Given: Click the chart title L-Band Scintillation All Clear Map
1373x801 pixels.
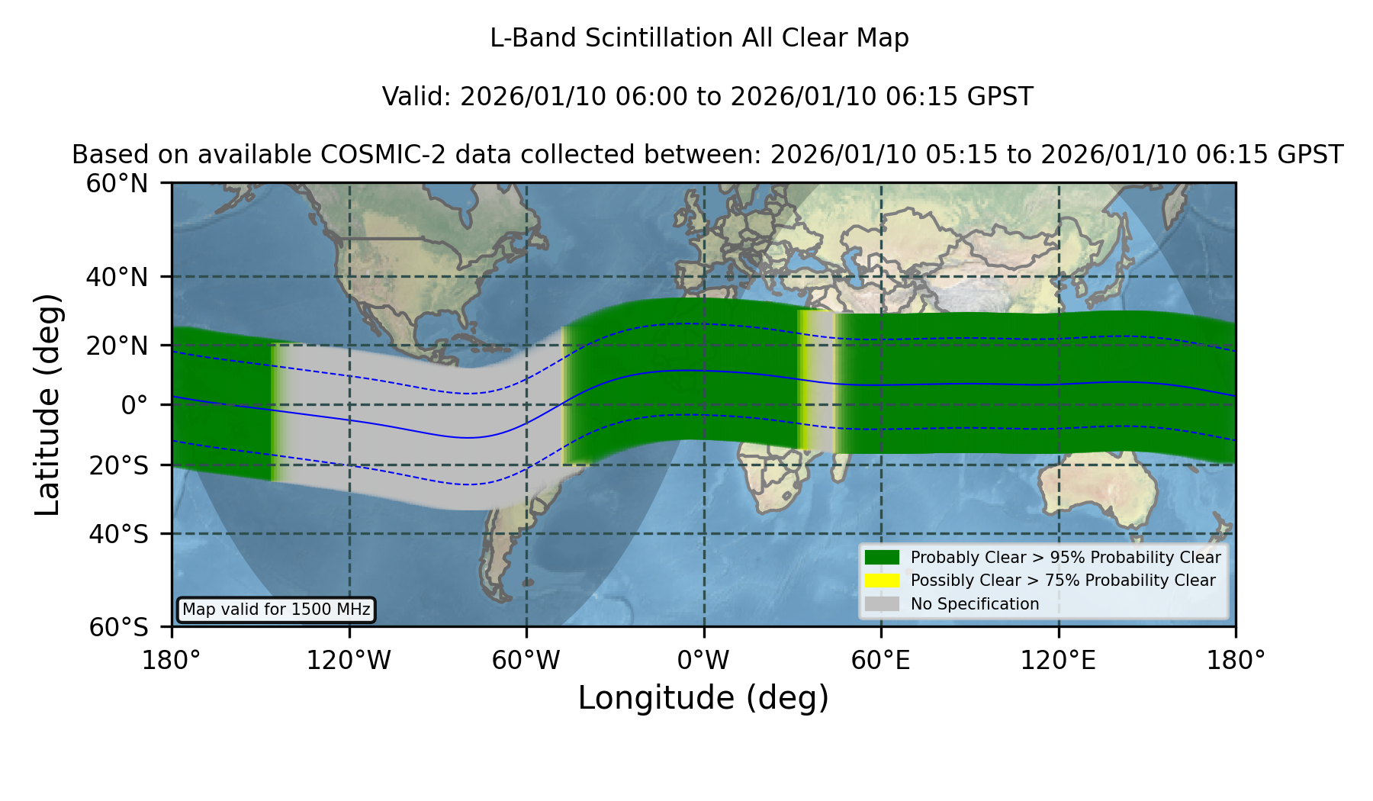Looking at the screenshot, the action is [699, 38].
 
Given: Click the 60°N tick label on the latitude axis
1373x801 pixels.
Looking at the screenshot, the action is [117, 184].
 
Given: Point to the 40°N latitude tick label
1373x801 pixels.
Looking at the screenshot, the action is [117, 277].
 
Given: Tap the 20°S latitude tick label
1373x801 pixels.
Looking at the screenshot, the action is [119, 465].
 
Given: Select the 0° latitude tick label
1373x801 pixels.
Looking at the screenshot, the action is [134, 405].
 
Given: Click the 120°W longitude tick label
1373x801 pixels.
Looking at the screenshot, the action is [349, 661].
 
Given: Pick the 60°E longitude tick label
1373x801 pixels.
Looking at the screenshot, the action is [881, 661].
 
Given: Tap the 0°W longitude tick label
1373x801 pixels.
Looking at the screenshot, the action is [703, 661].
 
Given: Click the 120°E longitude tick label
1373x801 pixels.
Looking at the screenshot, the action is [1059, 661].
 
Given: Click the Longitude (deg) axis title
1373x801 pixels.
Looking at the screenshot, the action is [703, 698].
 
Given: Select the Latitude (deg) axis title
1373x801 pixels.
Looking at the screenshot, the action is [47, 404].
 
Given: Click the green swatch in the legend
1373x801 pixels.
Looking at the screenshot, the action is [882, 557].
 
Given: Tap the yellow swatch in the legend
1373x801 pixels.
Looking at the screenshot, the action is [882, 581].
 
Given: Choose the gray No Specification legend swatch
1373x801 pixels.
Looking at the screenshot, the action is [882, 604].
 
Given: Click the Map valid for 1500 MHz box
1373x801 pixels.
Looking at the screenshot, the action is [276, 610].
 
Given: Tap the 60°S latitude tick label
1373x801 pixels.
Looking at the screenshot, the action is [119, 628].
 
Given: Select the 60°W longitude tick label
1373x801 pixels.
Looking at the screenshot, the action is [526, 661].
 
